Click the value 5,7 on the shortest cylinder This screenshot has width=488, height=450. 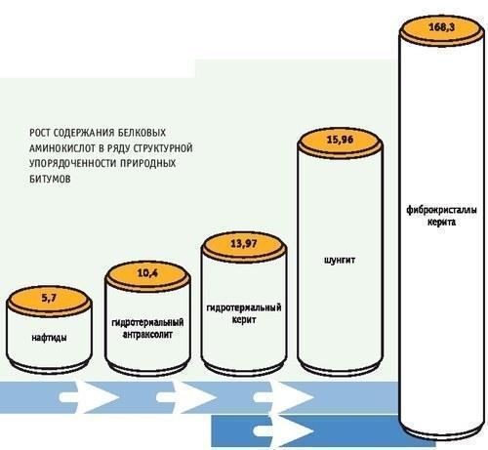[49, 298]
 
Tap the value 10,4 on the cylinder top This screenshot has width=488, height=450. [147, 273]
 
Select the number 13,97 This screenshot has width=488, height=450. [244, 244]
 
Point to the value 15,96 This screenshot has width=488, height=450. [340, 140]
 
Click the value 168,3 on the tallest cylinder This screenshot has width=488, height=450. [441, 27]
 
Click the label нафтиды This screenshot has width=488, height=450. [49, 338]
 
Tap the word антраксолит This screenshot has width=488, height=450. [147, 334]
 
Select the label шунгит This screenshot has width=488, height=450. [340, 261]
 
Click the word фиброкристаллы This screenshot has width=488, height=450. [441, 210]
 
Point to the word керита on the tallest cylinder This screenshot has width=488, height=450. [441, 223]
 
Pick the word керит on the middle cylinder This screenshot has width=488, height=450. [244, 319]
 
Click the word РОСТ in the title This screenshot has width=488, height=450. [39, 133]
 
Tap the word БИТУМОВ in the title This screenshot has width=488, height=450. [50, 179]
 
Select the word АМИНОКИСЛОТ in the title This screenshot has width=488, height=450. [62, 148]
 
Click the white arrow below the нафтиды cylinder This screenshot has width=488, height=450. [88, 397]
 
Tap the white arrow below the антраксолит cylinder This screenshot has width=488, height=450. [185, 397]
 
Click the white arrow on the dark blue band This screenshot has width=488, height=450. [283, 430]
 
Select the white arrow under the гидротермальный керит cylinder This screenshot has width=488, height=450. [283, 397]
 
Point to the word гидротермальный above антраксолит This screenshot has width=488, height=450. [147, 322]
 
